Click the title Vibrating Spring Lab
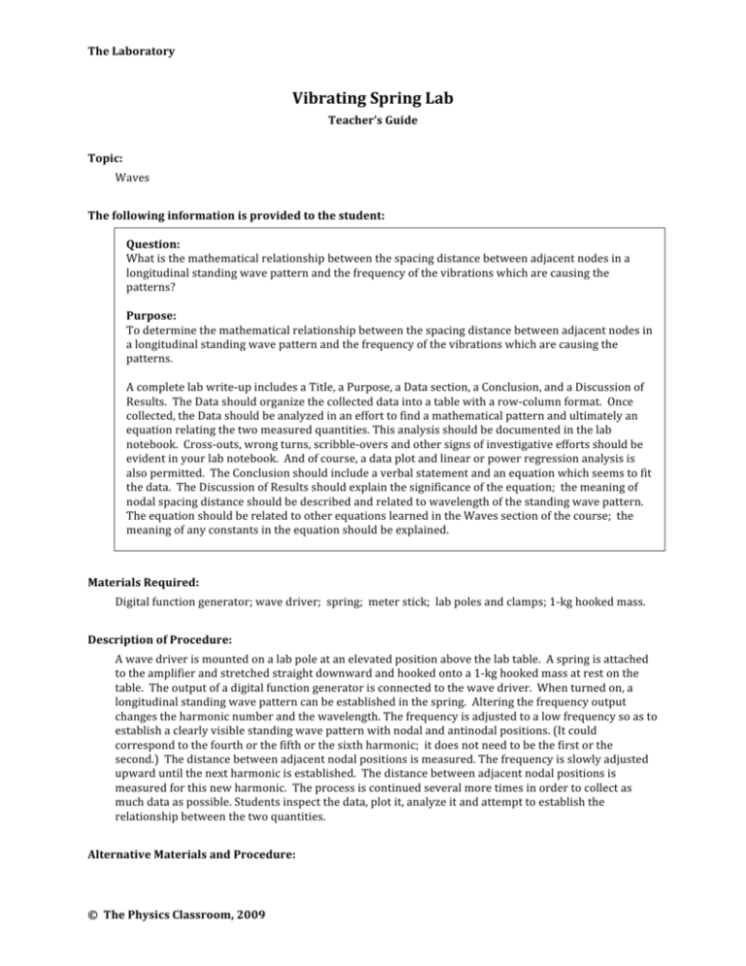coord(373,99)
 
